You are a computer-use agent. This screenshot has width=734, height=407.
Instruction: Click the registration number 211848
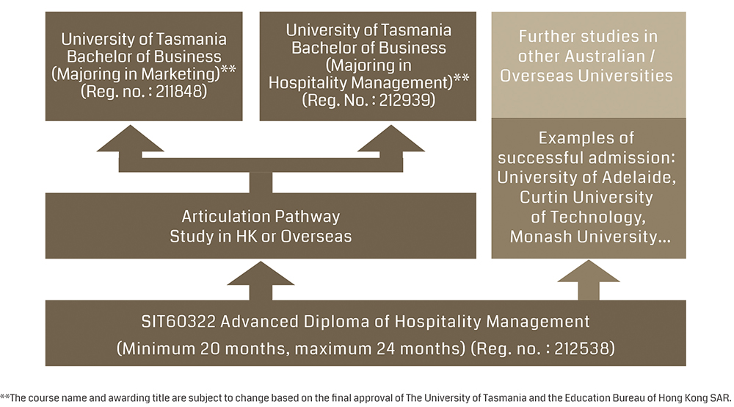click(178, 91)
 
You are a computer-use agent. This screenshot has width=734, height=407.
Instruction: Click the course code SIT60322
click(178, 321)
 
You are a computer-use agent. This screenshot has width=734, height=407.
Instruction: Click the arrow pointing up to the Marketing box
click(130, 146)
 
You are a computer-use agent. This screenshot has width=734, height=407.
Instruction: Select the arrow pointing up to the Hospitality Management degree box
click(391, 146)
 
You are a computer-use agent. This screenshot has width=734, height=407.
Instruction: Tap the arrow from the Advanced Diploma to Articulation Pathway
click(261, 281)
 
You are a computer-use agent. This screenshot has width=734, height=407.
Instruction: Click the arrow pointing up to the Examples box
click(589, 280)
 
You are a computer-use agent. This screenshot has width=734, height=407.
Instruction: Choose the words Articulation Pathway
click(261, 217)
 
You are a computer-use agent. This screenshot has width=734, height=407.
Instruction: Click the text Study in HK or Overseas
click(261, 236)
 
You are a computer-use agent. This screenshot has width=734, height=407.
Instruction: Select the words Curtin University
click(586, 197)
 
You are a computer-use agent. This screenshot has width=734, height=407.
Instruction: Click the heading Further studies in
click(588, 37)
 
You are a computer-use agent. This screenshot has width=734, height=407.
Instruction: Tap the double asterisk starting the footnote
click(4, 397)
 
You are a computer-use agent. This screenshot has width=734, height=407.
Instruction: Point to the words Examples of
click(586, 138)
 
